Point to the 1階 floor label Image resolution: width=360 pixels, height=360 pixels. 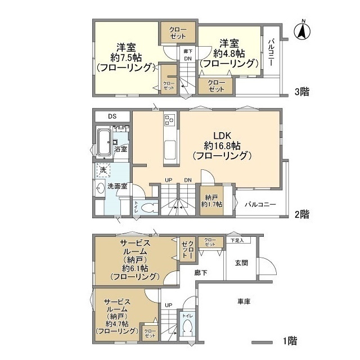coord(289,341)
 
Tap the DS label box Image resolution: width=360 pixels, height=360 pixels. coord(112,116)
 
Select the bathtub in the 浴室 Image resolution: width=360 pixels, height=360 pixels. coord(105,143)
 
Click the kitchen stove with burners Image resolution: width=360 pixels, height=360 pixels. coord(170,120)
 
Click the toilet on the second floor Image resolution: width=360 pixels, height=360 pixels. coord(147,207)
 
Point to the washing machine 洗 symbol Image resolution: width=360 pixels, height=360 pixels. coord(103,169)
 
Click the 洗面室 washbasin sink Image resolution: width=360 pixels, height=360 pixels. coord(100,189)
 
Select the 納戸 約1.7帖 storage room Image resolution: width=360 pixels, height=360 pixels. coord(211,200)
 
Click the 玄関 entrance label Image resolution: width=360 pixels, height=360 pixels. coord(241,263)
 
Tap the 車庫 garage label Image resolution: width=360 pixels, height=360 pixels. coord(243,301)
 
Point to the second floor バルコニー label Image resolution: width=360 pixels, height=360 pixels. coord(260,204)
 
